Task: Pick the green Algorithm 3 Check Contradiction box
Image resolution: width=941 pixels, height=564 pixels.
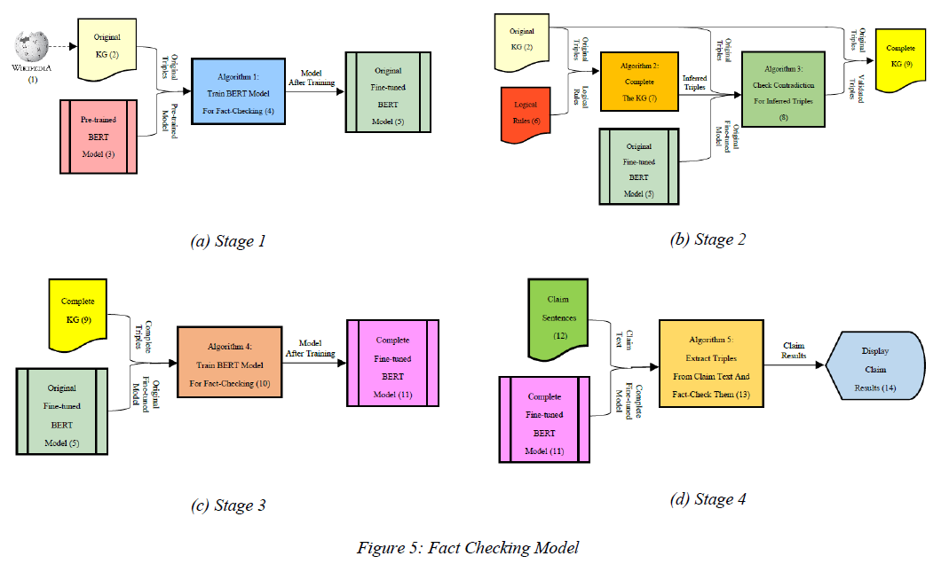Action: click(x=784, y=92)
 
